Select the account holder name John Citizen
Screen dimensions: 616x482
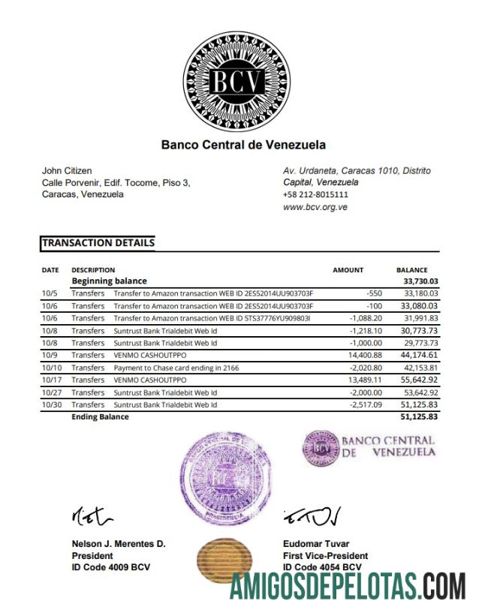pos(67,171)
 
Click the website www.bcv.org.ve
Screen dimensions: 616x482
pos(315,206)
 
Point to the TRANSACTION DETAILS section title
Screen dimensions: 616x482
pos(98,243)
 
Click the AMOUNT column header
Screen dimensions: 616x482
pos(348,270)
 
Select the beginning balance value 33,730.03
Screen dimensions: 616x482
pos(419,281)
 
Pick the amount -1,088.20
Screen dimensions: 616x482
pos(366,317)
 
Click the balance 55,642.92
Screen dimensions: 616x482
pos(419,380)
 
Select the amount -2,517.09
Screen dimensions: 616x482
pos(366,405)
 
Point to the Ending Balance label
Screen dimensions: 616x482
pos(100,416)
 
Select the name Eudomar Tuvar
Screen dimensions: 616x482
pos(316,543)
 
